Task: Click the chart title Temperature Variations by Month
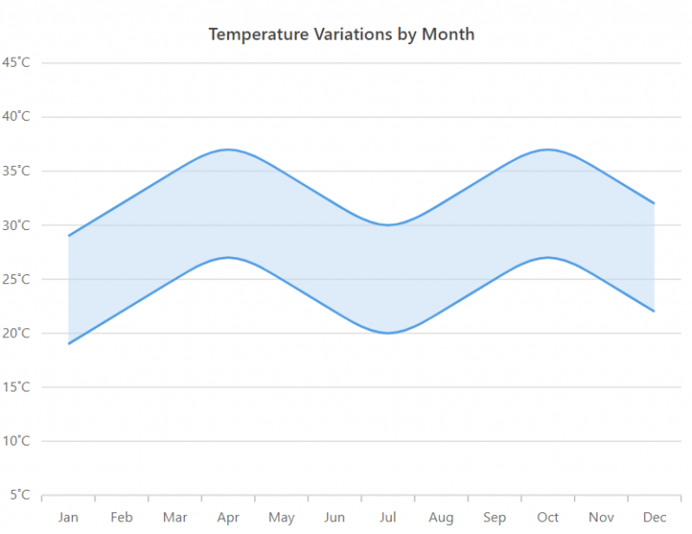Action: click(x=341, y=34)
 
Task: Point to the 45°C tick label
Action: click(x=16, y=62)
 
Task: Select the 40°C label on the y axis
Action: click(x=16, y=116)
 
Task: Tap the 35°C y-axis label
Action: click(x=16, y=170)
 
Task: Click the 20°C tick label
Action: click(x=16, y=333)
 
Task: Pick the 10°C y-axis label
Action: click(x=16, y=441)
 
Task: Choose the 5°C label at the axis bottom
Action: click(x=20, y=494)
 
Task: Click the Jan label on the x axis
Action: click(x=68, y=517)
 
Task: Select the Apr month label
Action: click(x=228, y=517)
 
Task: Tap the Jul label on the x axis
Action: click(x=387, y=517)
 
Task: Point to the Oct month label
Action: click(x=548, y=517)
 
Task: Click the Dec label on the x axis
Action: click(x=654, y=517)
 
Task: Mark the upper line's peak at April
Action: click(x=228, y=149)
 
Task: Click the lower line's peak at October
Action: click(x=548, y=257)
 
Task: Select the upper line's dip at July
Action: click(x=387, y=225)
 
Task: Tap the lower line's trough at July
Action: click(x=387, y=333)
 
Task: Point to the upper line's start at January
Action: click(x=68, y=235)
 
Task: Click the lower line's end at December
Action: click(x=654, y=311)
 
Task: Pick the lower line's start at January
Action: click(x=68, y=344)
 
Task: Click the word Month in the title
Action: click(x=448, y=34)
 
